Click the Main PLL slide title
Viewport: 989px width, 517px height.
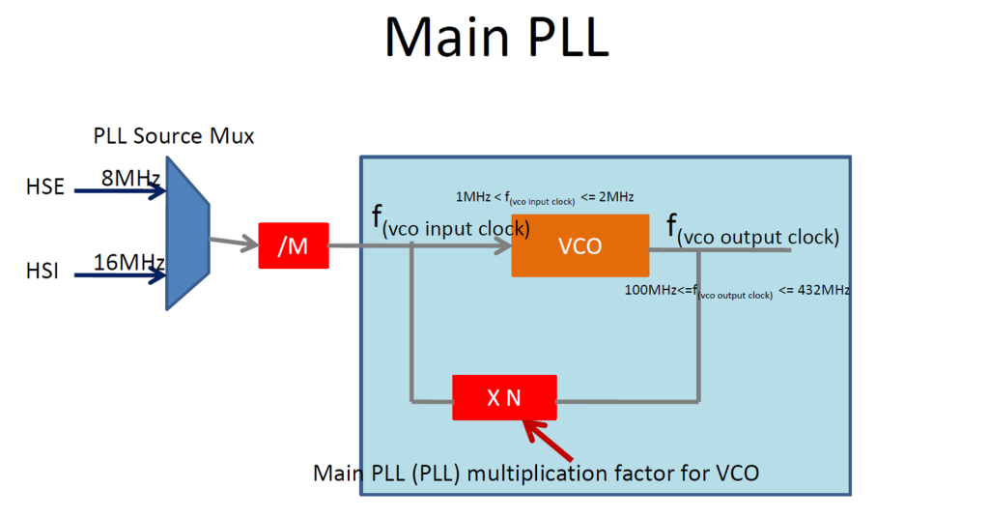(495, 39)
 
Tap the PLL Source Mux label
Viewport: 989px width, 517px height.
(174, 136)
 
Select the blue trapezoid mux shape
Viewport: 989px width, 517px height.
(188, 234)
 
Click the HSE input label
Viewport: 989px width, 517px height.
(44, 187)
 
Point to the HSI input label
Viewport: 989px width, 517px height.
(42, 273)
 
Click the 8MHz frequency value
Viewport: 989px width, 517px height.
(131, 177)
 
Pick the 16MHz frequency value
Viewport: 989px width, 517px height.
(128, 262)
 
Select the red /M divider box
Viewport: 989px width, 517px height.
(294, 245)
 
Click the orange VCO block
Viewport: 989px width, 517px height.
(579, 245)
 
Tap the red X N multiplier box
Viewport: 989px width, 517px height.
(504, 397)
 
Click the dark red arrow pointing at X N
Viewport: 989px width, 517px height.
(548, 439)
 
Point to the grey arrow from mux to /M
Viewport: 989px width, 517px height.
(234, 242)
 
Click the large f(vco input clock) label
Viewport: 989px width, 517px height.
(450, 223)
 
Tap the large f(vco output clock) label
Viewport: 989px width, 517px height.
(752, 231)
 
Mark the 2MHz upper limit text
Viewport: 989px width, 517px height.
(614, 197)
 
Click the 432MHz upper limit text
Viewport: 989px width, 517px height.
(821, 289)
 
